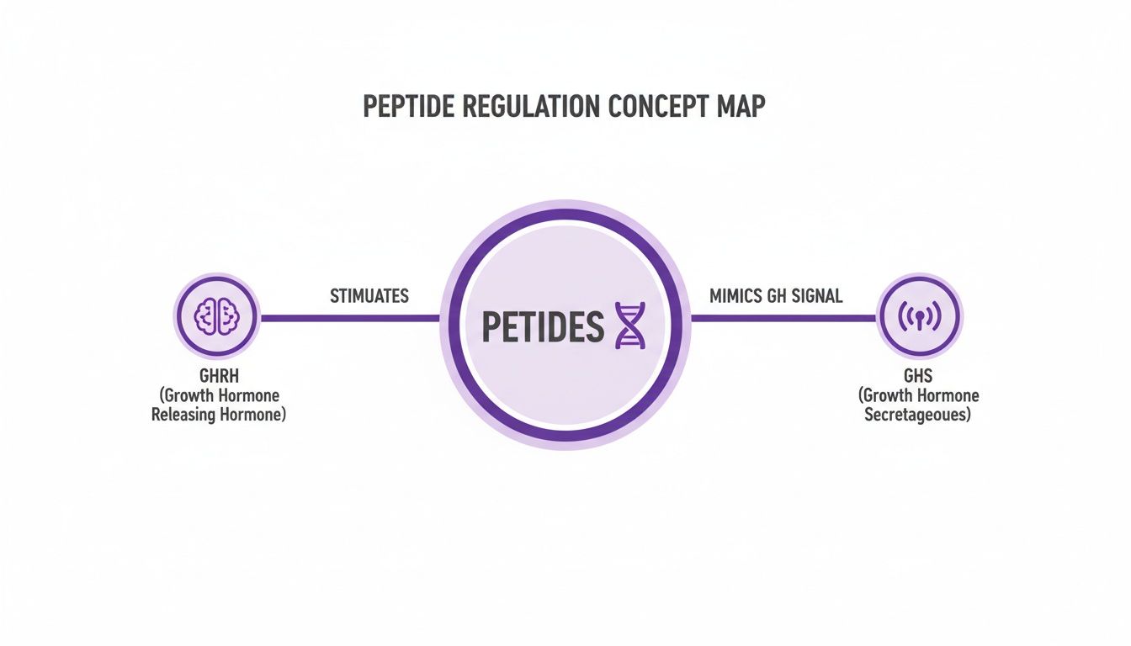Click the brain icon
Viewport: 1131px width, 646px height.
[x=217, y=317]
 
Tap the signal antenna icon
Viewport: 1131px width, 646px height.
[x=918, y=317]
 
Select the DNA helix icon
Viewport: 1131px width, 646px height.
[x=629, y=326]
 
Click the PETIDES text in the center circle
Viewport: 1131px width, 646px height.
[x=542, y=326]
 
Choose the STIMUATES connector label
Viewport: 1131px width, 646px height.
[x=369, y=296]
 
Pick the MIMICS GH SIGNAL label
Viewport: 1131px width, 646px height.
[x=775, y=296]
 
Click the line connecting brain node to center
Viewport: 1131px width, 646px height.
[x=349, y=318]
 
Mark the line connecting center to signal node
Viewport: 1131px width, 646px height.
[x=783, y=318]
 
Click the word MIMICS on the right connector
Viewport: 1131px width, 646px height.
[x=735, y=296]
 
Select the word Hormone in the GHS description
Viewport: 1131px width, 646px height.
[x=947, y=395]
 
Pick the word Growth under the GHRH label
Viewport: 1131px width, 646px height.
[x=193, y=395]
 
